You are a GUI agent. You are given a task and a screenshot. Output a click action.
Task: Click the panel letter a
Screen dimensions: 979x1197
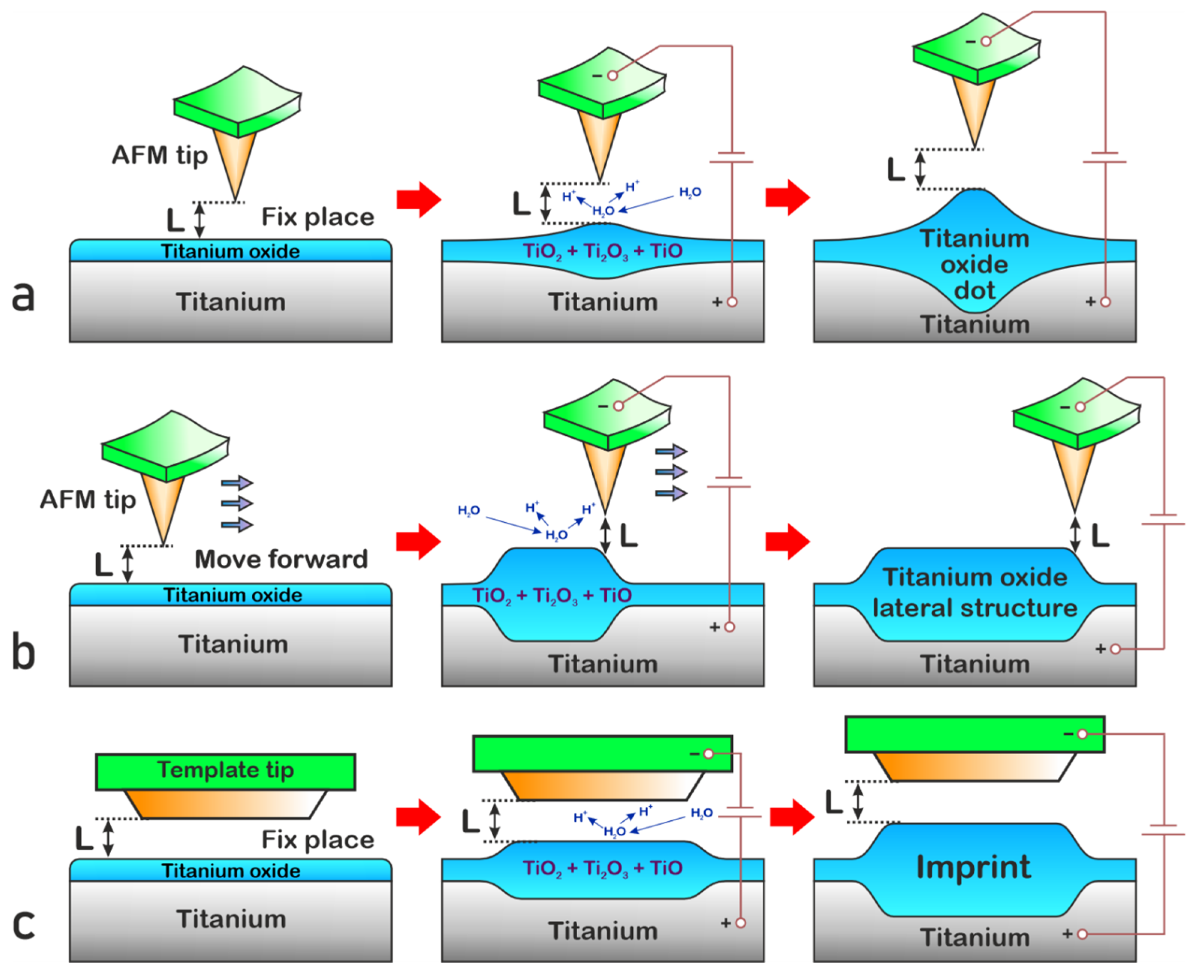point(23,296)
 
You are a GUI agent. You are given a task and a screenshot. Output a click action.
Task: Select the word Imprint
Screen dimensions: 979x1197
point(974,867)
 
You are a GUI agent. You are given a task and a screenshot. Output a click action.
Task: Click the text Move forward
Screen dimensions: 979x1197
point(281,559)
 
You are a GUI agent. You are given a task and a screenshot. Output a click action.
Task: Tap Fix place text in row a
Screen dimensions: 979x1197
point(318,217)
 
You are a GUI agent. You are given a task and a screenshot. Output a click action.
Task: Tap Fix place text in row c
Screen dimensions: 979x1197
point(318,840)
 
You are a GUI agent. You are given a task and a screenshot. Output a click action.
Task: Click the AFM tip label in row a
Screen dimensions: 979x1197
point(160,155)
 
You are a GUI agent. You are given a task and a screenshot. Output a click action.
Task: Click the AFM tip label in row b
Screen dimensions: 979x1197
point(88,500)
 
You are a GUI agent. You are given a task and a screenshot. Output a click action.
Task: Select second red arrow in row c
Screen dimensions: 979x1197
point(791,816)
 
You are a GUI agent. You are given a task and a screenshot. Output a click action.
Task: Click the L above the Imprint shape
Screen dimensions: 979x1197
point(834,802)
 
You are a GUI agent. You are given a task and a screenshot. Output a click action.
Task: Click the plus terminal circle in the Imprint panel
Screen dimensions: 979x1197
point(1082,934)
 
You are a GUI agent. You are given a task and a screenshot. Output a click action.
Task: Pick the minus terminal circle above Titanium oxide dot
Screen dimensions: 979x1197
point(986,41)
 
